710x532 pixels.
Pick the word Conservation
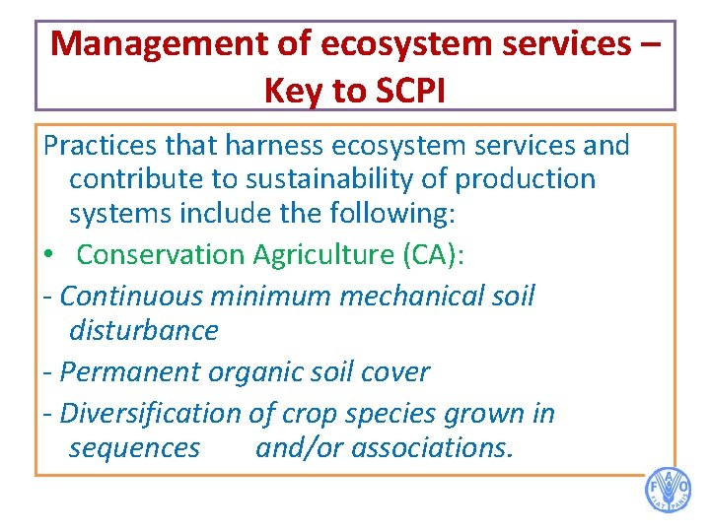(x=161, y=254)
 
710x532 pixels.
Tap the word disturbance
(x=143, y=330)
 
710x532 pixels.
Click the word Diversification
(x=150, y=413)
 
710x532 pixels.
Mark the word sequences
(x=134, y=448)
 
